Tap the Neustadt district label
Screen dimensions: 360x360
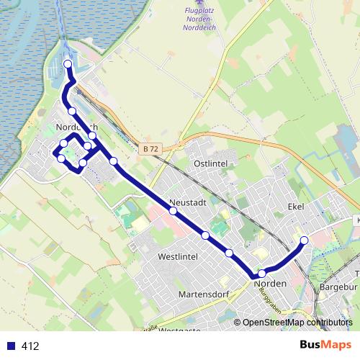[189, 202]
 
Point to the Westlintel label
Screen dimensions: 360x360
[176, 256]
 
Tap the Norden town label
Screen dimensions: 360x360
[271, 284]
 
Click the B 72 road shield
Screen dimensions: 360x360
[150, 148]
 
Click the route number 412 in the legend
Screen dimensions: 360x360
[30, 346]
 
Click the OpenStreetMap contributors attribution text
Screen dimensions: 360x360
[297, 323]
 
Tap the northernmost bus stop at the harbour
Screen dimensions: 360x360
[68, 64]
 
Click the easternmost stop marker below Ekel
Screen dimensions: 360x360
[304, 240]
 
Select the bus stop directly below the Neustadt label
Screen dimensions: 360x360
[173, 211]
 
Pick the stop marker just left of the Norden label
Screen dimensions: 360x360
[261, 273]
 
